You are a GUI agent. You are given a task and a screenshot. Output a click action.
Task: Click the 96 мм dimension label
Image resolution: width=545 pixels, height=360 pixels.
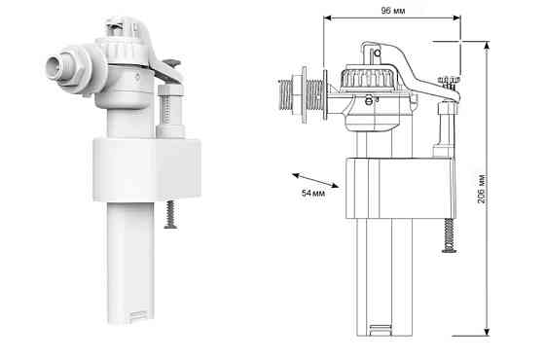point(393,11)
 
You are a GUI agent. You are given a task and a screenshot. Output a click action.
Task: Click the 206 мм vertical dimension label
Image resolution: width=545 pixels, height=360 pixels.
point(482,189)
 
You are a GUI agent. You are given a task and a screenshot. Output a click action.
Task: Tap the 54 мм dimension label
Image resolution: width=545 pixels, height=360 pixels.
point(313,194)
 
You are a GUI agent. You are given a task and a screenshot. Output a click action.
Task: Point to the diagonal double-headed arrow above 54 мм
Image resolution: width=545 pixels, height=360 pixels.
point(315,180)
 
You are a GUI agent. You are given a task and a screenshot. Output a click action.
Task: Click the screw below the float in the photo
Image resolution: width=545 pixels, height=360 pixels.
point(170,214)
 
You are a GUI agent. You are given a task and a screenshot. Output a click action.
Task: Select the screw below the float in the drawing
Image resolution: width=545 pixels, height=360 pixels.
point(450,234)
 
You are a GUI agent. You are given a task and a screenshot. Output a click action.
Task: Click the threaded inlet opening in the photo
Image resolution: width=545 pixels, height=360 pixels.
point(54,66)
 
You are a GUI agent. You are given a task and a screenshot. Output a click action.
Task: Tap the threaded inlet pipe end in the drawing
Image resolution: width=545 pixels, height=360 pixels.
point(284,95)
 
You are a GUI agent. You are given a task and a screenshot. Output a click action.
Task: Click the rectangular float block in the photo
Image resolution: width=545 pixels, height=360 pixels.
point(147,169)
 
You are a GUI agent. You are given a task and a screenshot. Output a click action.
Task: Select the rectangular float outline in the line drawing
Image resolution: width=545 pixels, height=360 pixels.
point(400,188)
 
